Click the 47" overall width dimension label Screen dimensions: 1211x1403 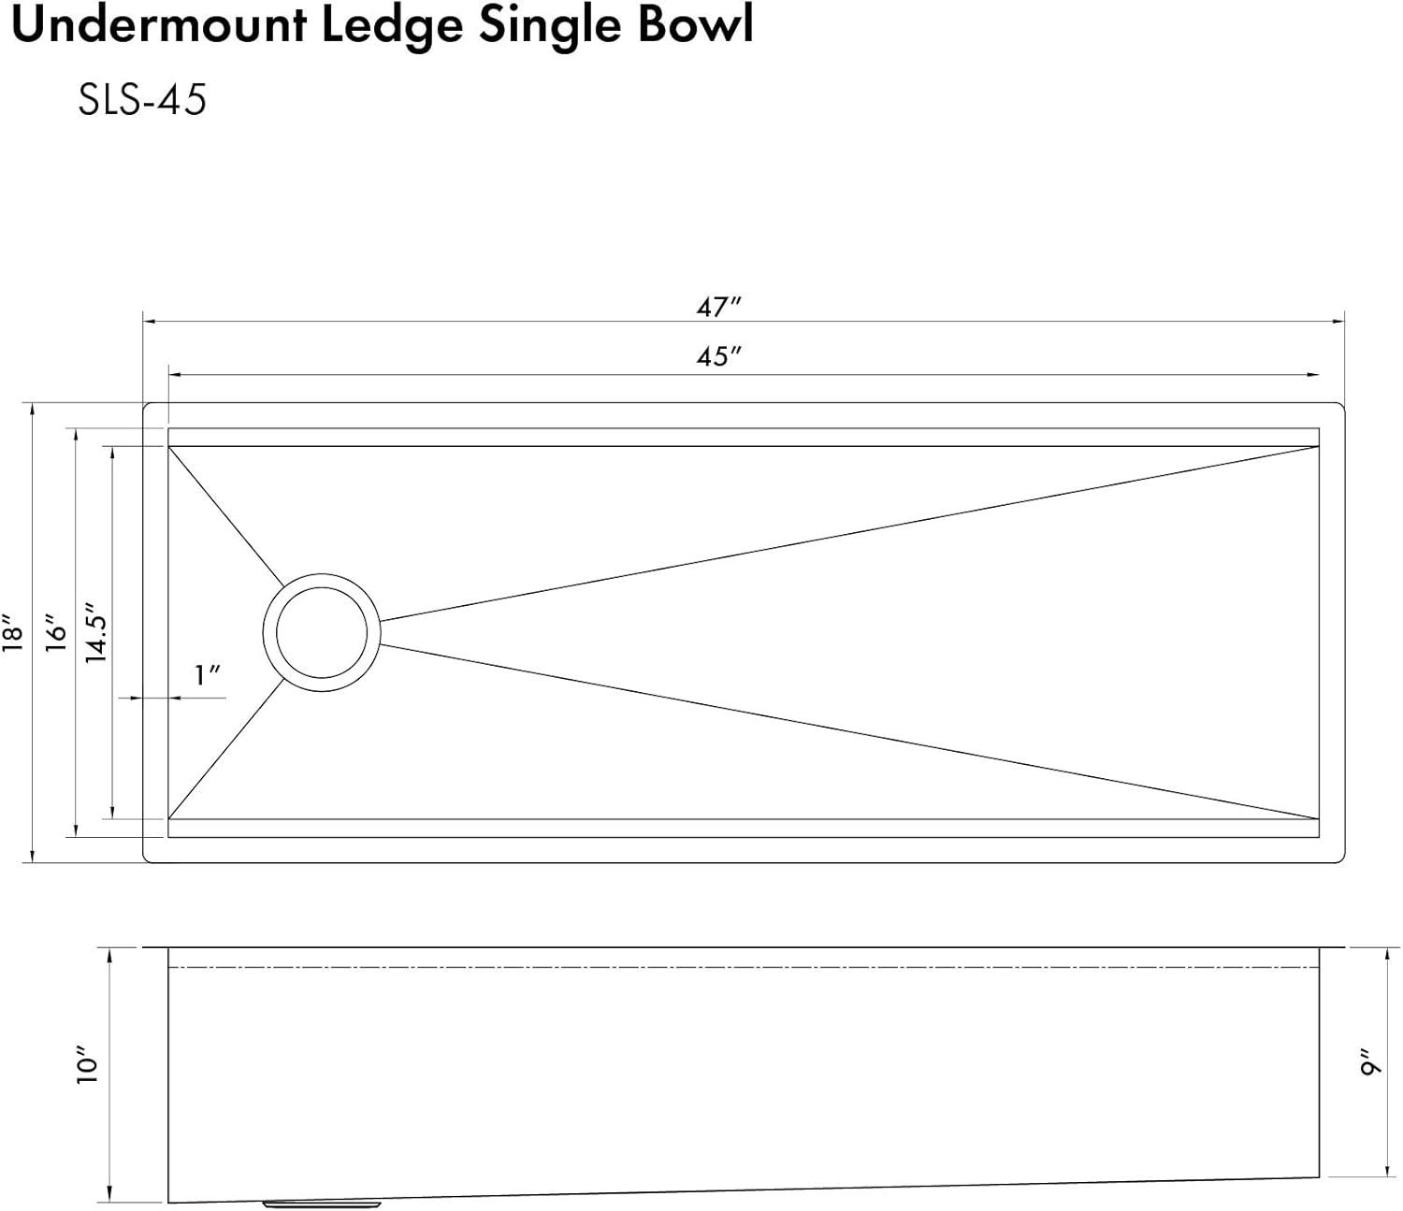pos(717,307)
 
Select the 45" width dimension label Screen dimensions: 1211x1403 pos(717,357)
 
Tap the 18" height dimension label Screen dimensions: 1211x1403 pos(13,632)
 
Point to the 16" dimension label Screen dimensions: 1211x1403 pos(57,632)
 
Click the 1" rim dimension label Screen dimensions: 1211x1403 pos(207,675)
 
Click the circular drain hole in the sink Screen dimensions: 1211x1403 pos(321,632)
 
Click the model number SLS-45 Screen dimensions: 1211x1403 pos(142,100)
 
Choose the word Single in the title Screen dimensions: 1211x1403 pos(552,26)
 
